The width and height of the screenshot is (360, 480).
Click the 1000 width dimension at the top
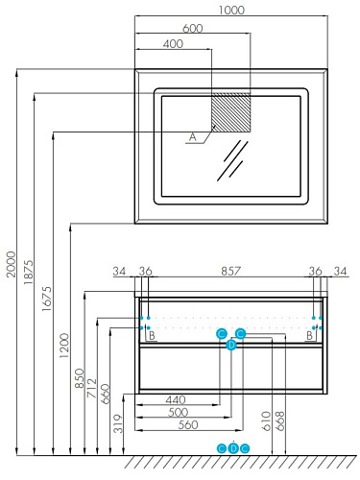[x=231, y=11]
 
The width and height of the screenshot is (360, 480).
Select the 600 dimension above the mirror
[x=193, y=29]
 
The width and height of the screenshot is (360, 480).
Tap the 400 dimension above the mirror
[x=173, y=44]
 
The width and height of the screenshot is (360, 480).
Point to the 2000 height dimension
[x=12, y=264]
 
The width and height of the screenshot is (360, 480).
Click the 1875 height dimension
[x=29, y=273]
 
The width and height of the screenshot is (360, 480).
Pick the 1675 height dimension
[x=46, y=299]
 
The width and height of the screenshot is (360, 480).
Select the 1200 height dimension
[x=64, y=346]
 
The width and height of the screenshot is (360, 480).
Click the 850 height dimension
[x=80, y=378]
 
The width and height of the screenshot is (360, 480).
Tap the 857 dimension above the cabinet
[x=230, y=271]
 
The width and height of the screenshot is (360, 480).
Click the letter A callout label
[x=192, y=137]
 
